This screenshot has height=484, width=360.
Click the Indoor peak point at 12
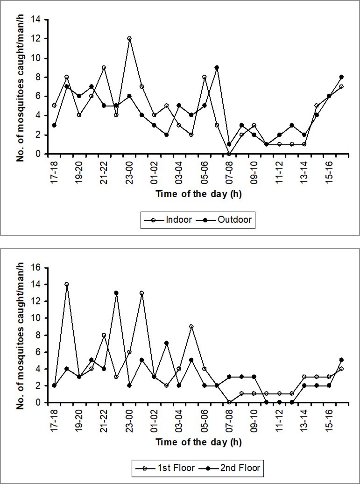click(x=129, y=38)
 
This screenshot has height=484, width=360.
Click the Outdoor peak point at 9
click(x=217, y=67)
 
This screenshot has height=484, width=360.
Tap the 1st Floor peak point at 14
click(x=66, y=284)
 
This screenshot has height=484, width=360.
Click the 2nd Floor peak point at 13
click(x=116, y=293)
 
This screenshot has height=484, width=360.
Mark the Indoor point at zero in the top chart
click(x=229, y=154)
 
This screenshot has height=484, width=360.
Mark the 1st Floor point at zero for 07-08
click(x=229, y=402)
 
